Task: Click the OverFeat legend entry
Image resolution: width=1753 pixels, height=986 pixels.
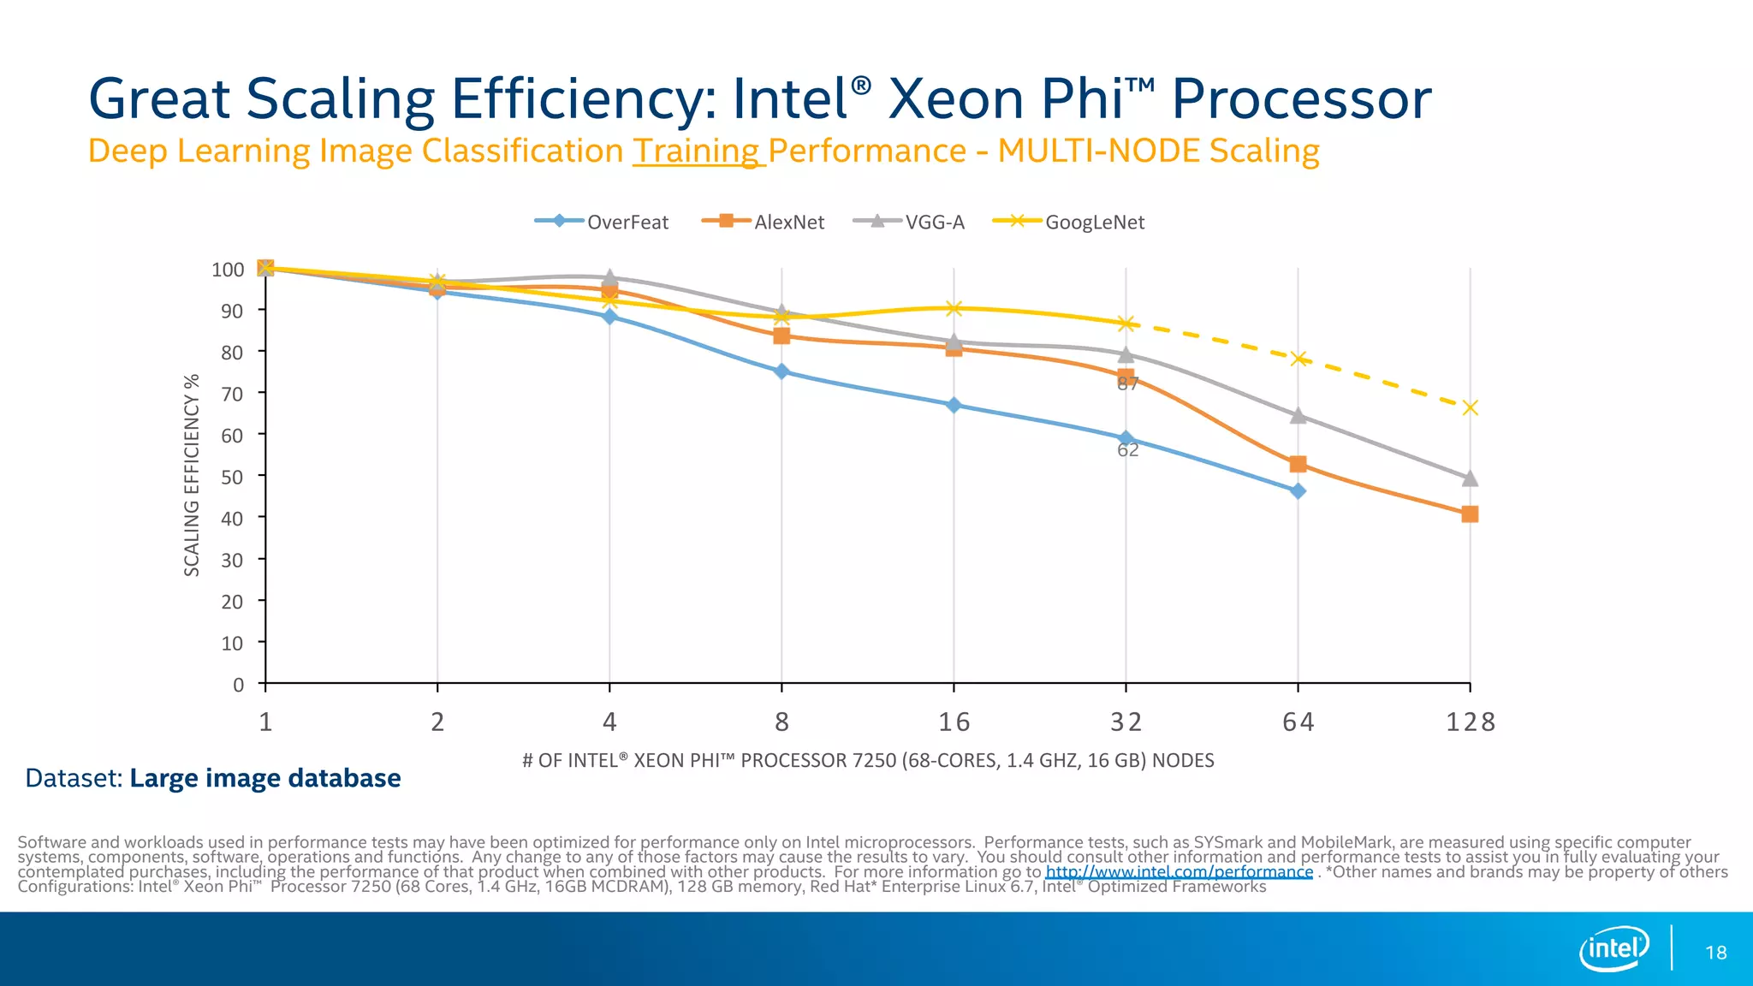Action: [603, 222]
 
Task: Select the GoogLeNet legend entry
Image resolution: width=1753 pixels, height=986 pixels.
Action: [1070, 222]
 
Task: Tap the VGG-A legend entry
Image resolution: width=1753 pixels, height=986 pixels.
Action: [911, 222]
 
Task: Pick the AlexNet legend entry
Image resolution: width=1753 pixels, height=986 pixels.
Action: [764, 222]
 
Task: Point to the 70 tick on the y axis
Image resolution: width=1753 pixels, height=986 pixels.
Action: [232, 394]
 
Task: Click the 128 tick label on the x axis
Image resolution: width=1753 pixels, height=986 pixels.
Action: [1470, 722]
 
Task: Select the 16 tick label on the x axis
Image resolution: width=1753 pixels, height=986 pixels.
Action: [954, 722]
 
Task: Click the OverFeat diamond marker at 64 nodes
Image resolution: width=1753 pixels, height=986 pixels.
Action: [1298, 491]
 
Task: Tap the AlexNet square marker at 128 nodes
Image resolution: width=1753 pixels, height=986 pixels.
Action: [1470, 514]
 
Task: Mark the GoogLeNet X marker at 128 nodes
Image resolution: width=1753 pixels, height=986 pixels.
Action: [1470, 408]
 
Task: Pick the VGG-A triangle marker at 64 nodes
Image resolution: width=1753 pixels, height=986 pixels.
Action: [1298, 416]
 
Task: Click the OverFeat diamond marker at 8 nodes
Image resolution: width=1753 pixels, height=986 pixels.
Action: [781, 371]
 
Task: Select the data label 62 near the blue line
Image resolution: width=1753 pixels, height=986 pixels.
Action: [1128, 450]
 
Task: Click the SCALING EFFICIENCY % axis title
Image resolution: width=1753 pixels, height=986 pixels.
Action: [192, 475]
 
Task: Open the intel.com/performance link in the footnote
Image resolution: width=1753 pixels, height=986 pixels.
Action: [1179, 872]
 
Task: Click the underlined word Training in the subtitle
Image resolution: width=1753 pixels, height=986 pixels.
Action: [697, 151]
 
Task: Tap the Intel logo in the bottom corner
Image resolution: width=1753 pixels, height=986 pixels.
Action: [1613, 948]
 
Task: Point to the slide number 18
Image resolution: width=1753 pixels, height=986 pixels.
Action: [1715, 953]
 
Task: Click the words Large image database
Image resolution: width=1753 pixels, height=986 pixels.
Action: [265, 778]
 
